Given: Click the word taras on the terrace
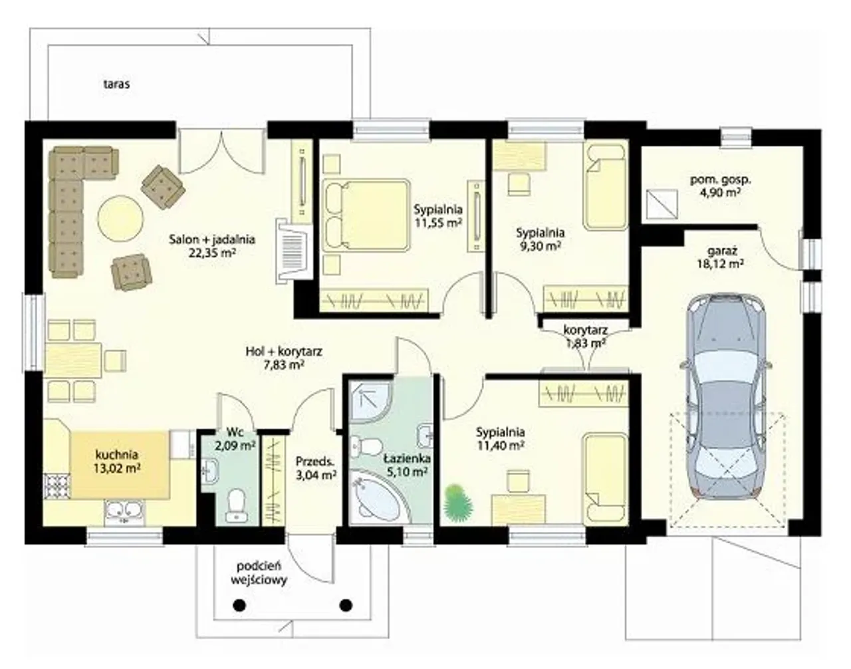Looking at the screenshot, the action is [x=117, y=84].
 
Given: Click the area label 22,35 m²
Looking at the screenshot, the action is [x=212, y=253].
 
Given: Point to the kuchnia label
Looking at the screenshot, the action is [x=117, y=455].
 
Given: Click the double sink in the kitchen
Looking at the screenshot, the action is [x=124, y=512].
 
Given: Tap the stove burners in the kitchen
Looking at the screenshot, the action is [x=57, y=486].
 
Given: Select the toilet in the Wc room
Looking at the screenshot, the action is [x=236, y=506].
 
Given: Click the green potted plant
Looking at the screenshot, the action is [x=458, y=500].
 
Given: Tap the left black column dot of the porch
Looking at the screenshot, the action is [x=239, y=606].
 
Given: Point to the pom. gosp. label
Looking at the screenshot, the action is [x=720, y=181].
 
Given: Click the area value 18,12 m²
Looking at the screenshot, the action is [x=720, y=263].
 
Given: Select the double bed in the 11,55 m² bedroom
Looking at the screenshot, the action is [x=366, y=215].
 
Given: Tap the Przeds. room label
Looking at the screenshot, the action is [x=314, y=461].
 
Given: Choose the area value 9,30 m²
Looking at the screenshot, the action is [x=540, y=246].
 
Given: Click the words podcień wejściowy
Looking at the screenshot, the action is [x=259, y=573].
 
